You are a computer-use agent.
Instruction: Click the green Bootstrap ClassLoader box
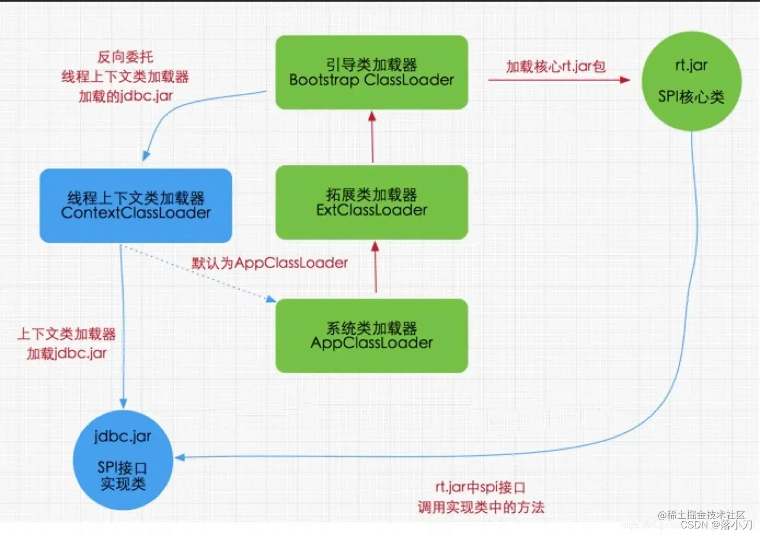click(371, 72)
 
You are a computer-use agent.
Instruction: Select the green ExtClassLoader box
click(371, 202)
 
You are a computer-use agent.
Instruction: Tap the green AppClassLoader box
click(371, 335)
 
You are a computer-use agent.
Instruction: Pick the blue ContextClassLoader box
click(136, 205)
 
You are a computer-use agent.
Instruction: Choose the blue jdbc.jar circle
click(123, 460)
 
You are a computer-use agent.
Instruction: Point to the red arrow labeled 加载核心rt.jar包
click(559, 80)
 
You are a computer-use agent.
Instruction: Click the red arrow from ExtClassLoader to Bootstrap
click(372, 137)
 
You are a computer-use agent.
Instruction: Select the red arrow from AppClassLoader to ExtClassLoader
click(376, 268)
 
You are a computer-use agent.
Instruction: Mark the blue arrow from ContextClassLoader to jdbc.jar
click(122, 328)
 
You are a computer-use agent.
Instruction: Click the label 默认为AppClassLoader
click(269, 263)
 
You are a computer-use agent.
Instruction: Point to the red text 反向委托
click(125, 57)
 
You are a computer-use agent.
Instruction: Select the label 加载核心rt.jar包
click(555, 67)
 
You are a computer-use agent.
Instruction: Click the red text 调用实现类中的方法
click(481, 507)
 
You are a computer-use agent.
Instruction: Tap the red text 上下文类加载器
click(67, 334)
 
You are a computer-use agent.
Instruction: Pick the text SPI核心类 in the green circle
click(691, 97)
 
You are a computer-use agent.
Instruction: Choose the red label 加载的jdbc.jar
click(125, 96)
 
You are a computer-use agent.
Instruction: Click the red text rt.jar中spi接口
click(480, 487)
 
